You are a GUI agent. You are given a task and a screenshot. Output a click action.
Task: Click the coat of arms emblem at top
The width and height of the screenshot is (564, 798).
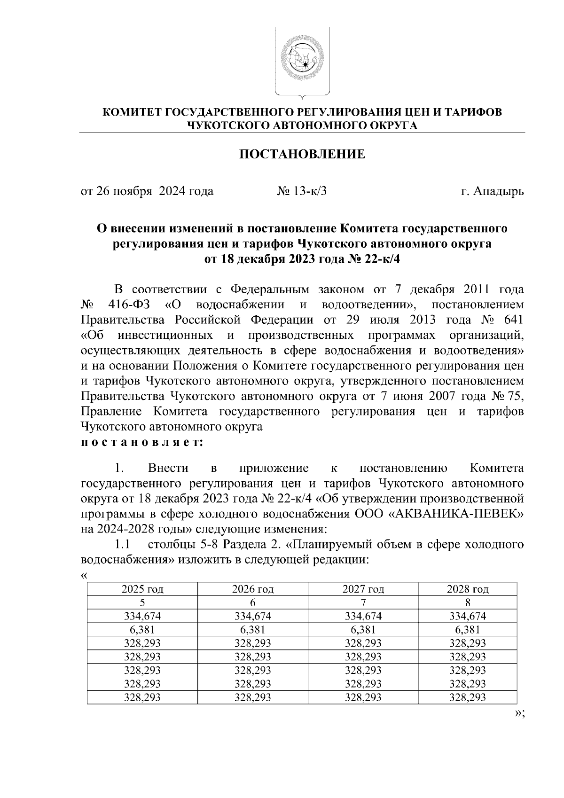(x=302, y=61)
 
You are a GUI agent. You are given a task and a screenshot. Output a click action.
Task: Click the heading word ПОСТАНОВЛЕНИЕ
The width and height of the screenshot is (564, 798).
(x=302, y=154)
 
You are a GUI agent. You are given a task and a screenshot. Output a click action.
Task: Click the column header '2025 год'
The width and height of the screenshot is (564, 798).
(x=142, y=589)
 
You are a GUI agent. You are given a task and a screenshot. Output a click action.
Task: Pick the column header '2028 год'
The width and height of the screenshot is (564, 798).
(x=467, y=589)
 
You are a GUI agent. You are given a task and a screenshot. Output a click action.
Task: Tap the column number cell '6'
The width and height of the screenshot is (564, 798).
(x=252, y=602)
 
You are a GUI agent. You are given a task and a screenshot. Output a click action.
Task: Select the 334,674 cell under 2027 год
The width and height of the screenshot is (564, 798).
(x=363, y=616)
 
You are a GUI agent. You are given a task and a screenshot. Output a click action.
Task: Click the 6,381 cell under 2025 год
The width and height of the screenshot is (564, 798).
(x=142, y=629)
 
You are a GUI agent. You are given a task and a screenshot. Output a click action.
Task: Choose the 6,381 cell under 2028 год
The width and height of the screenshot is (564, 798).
(x=467, y=629)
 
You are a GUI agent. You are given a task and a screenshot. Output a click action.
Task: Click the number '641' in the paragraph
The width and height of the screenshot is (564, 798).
(x=513, y=320)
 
